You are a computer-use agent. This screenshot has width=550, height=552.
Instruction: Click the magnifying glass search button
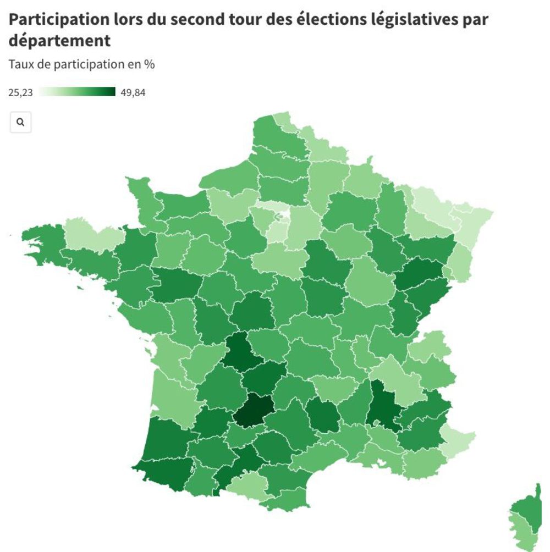[20, 123]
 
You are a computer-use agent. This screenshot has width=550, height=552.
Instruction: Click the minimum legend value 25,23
[20, 92]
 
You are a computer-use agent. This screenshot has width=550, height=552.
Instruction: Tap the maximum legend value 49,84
[133, 92]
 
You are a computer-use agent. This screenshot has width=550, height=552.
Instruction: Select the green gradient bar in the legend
[77, 92]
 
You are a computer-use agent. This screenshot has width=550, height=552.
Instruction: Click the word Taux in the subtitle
[20, 64]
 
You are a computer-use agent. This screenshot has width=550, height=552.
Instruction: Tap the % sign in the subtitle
[150, 64]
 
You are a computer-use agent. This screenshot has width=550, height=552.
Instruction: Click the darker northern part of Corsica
[529, 509]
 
